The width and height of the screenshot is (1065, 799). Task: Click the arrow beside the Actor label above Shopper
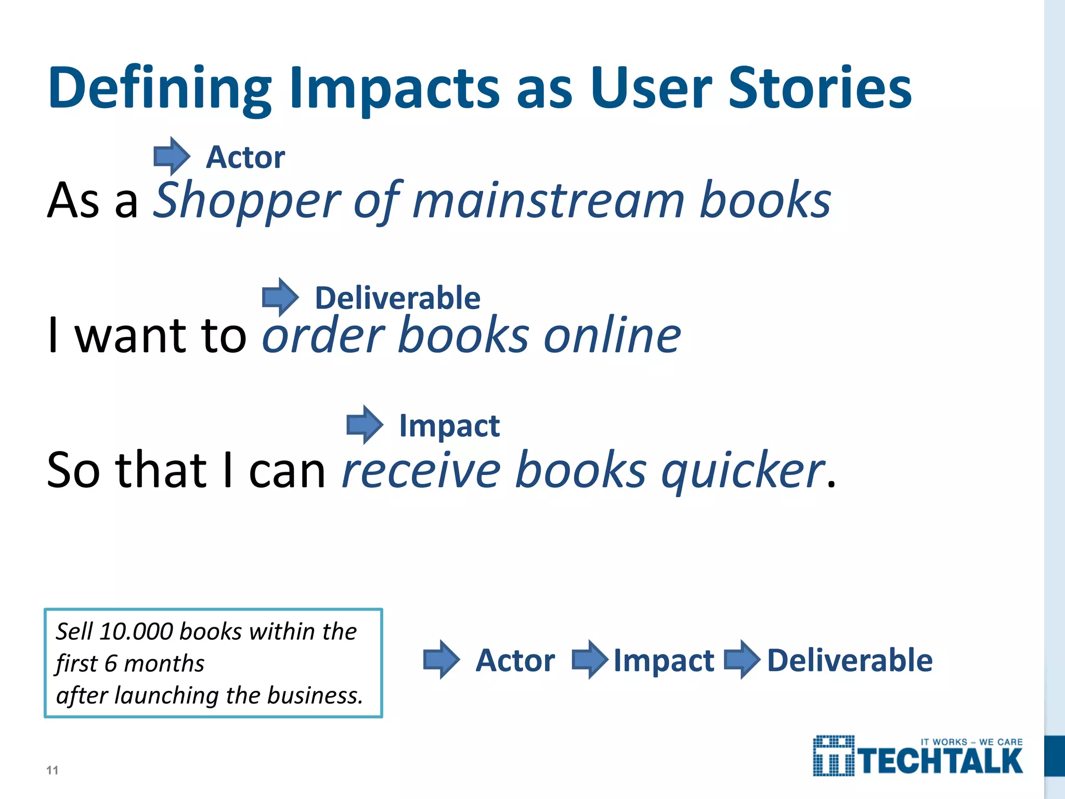172,156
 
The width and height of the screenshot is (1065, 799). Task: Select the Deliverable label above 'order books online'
398,298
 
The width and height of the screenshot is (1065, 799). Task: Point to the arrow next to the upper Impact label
365,424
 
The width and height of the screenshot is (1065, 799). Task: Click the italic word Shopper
247,202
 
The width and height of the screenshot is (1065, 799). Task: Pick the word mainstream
548,202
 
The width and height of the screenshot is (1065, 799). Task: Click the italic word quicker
743,471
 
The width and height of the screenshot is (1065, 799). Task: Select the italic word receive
421,471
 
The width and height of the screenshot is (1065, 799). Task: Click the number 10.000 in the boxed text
136,632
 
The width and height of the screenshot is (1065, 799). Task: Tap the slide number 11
52,770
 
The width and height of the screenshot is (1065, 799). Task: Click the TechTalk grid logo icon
834,756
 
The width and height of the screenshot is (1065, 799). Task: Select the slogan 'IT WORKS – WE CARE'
971,742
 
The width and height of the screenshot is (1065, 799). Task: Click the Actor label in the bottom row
515,660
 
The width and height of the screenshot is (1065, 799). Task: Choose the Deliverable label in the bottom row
850,660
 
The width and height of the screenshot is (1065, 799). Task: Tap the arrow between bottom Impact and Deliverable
742,660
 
